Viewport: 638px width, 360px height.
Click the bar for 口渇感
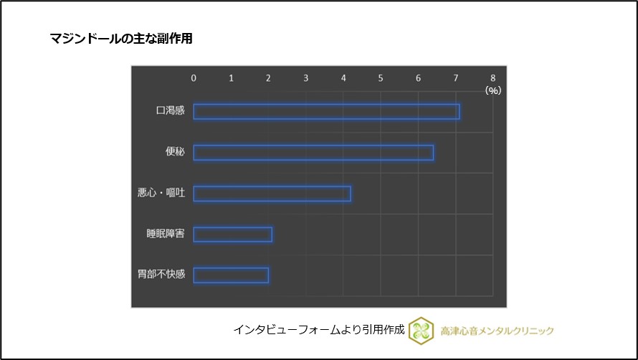(326, 112)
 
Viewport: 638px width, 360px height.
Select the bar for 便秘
(313, 153)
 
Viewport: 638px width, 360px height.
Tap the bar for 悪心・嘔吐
(272, 194)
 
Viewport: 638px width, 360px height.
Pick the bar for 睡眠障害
(232, 235)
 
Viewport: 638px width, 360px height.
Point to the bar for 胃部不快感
(231, 275)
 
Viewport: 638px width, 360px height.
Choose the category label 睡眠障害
(166, 234)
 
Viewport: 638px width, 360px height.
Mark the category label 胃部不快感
(161, 275)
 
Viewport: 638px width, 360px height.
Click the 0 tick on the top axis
(194, 77)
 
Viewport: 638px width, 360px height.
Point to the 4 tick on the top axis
(343, 77)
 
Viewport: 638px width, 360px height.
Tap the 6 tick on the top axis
(418, 77)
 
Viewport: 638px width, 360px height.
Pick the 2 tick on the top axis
(268, 77)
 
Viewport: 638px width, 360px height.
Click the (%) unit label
(492, 90)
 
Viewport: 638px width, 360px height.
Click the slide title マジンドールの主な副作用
(121, 39)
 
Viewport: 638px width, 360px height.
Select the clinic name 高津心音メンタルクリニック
(497, 330)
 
